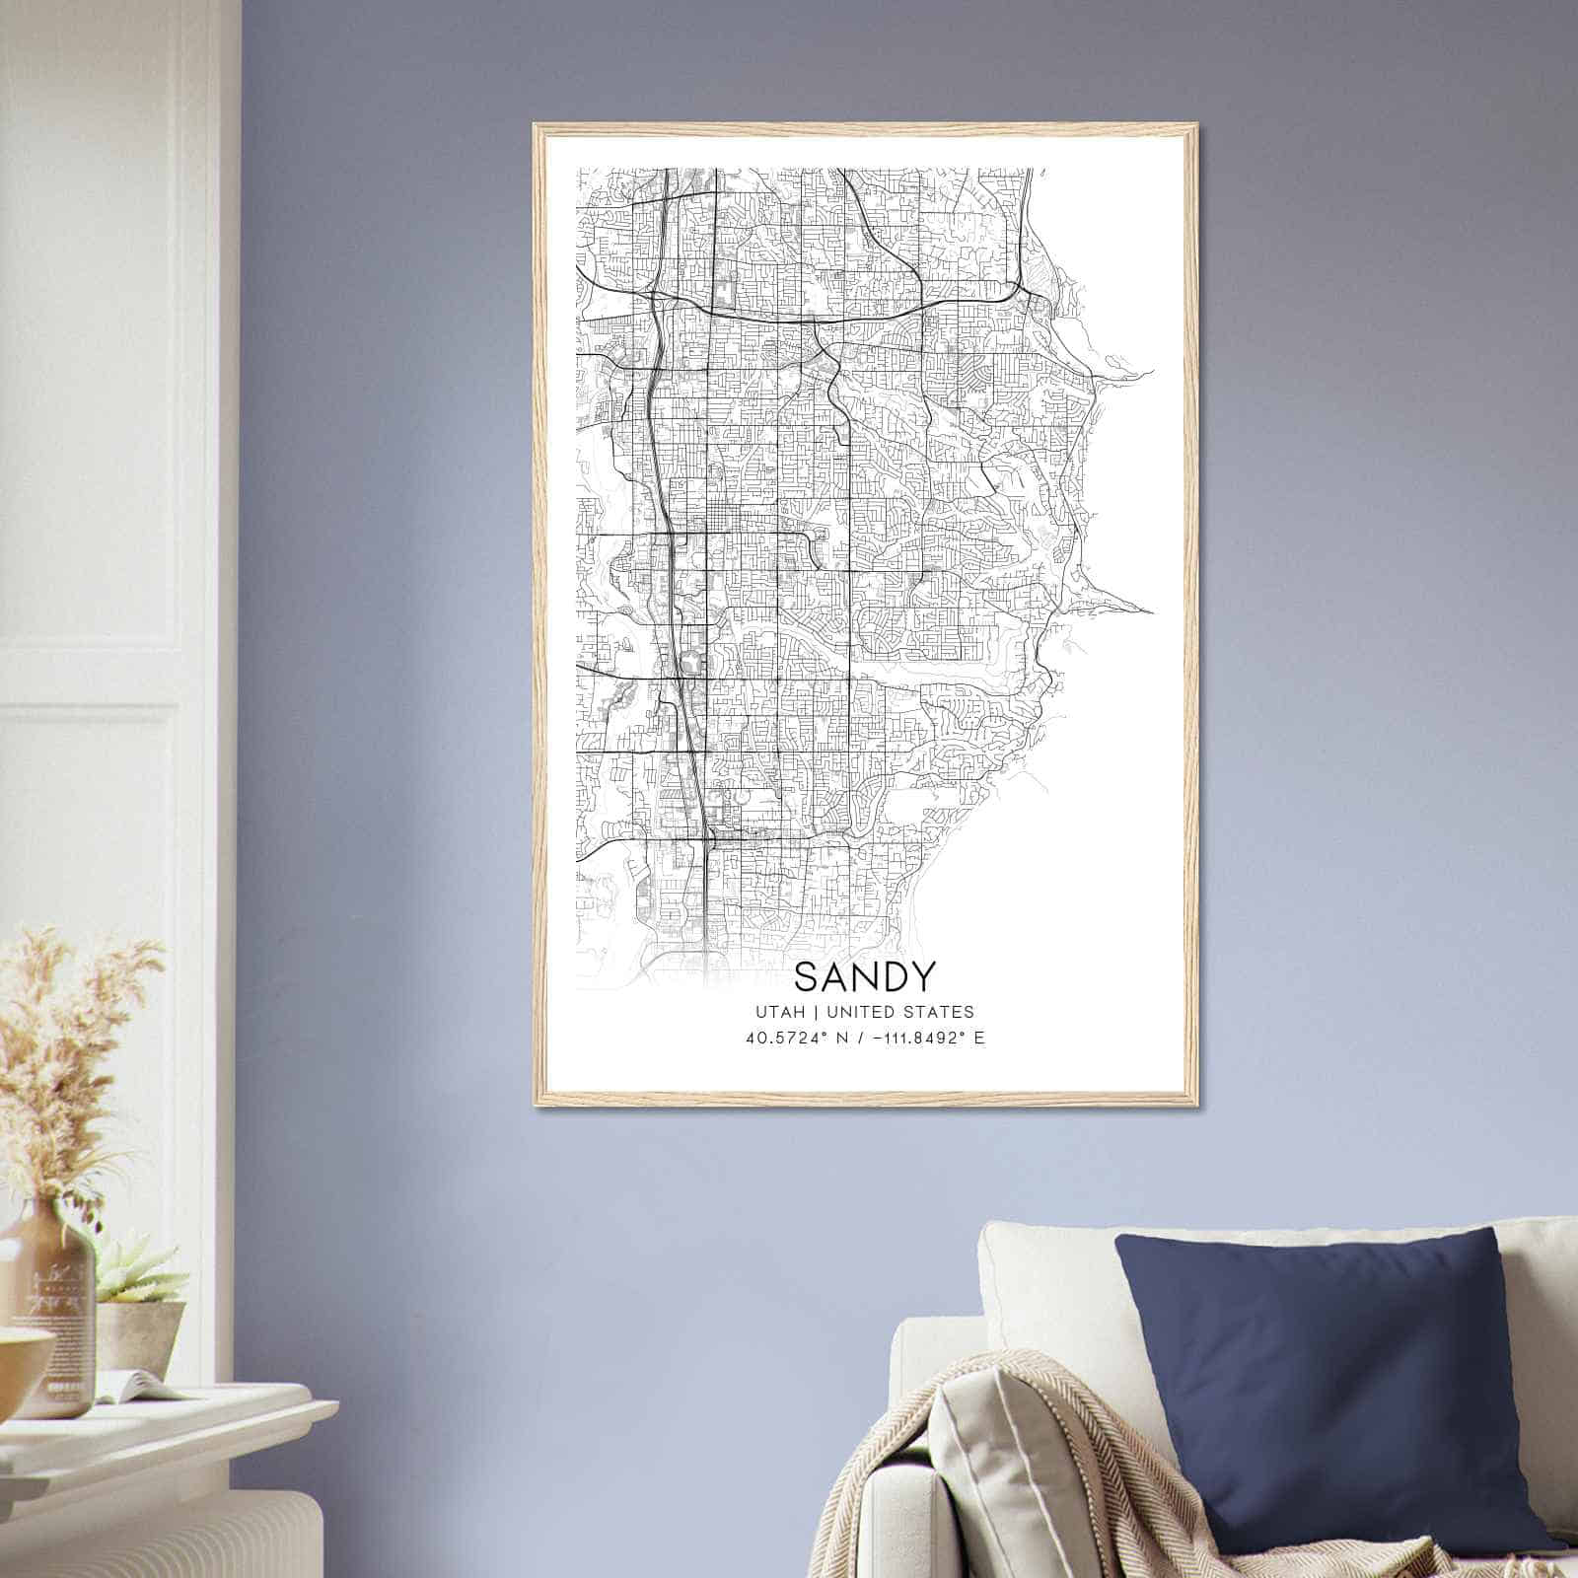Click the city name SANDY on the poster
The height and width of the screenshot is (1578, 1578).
pyautogui.click(x=864, y=976)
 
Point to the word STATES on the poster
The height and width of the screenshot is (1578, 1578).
pyautogui.click(x=940, y=1012)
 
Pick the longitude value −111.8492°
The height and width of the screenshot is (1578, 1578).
pyautogui.click(x=913, y=1039)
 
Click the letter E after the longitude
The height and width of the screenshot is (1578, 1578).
pyautogui.click(x=978, y=1039)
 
